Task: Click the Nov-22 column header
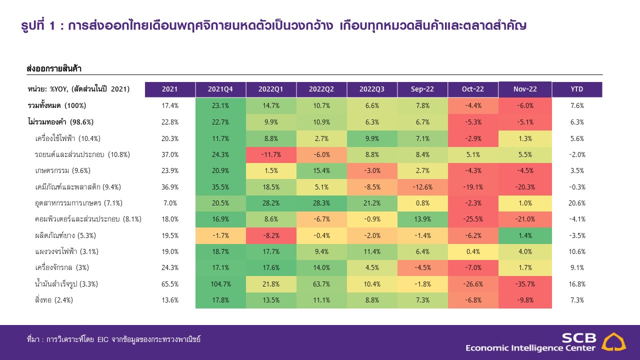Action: [x=525, y=89]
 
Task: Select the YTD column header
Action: [x=576, y=89]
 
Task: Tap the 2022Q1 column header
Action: [x=270, y=89]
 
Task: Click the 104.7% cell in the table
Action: [x=220, y=284]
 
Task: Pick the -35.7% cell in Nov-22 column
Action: [x=525, y=284]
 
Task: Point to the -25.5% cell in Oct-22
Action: [x=473, y=219]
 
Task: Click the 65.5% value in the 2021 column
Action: [x=170, y=284]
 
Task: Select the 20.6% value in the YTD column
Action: [x=576, y=203]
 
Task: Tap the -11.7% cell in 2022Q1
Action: [x=270, y=154]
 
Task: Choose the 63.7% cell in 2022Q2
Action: [x=321, y=284]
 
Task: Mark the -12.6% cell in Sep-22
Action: [x=422, y=187]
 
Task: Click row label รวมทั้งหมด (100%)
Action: [x=56, y=105]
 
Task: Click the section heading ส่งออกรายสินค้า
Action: [x=54, y=67]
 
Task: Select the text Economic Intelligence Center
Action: [x=530, y=348]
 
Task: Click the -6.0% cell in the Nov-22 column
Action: [x=525, y=105]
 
